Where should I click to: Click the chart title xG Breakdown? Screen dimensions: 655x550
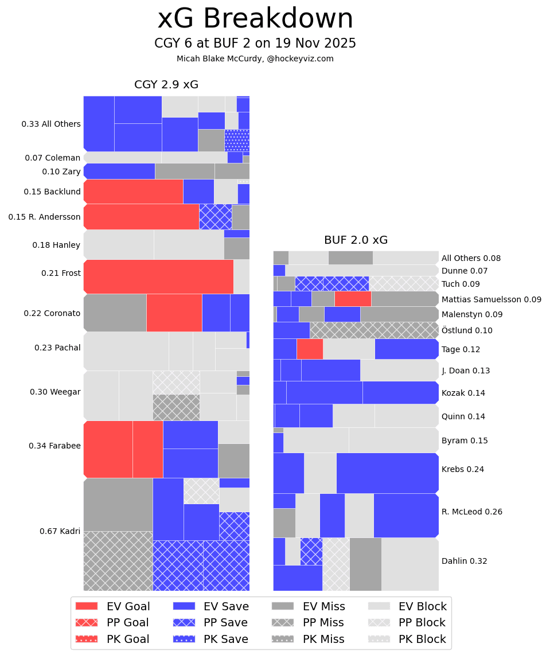tap(255, 20)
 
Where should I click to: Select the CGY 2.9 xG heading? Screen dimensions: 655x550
tap(166, 85)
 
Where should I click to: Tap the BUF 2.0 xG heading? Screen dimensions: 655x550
tap(356, 240)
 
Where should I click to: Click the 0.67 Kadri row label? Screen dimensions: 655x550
tap(60, 531)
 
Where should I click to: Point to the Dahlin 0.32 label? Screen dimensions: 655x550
tap(464, 561)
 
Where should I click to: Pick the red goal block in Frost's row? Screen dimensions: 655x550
tap(158, 276)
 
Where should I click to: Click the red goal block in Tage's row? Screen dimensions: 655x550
tap(310, 349)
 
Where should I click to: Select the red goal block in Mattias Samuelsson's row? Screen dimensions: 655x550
tap(353, 298)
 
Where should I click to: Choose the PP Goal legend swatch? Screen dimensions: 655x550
tap(87, 622)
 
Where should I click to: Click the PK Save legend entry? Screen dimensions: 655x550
tap(210, 639)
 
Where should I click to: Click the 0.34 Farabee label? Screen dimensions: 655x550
tap(54, 446)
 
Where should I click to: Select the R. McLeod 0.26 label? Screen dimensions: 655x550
tap(471, 512)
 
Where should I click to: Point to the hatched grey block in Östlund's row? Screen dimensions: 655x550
tap(374, 330)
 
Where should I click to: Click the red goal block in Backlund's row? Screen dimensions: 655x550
tap(133, 192)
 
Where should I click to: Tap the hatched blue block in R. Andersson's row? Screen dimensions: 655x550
tap(215, 217)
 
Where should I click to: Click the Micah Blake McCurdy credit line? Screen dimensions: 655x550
tap(255, 59)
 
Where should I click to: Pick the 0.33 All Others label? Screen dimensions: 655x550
tap(51, 124)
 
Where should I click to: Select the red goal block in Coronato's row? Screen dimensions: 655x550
tap(174, 313)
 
